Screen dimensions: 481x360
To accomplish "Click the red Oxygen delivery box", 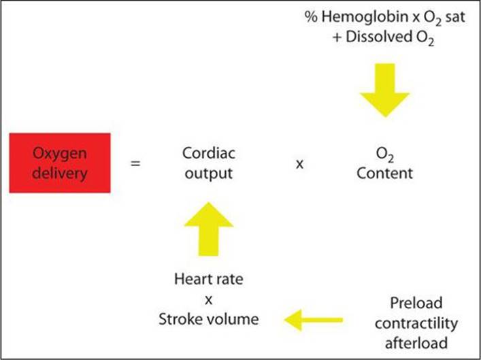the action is [60, 163].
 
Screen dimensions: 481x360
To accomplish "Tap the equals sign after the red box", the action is [135, 163].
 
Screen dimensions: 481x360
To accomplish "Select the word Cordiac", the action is [209, 153].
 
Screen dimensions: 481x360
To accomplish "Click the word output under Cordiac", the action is [209, 174].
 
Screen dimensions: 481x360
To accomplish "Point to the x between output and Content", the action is [300, 164].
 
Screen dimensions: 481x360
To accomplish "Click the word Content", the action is [384, 174].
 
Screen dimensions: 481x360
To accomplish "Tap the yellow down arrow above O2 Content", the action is [385, 91].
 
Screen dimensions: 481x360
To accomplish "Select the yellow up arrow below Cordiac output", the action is [209, 229].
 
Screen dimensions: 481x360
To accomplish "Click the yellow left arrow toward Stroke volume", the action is [313, 320].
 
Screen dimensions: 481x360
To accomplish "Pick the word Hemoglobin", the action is [365, 17].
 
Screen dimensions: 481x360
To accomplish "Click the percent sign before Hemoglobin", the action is [312, 17].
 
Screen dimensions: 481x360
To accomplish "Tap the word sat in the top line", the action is [455, 17].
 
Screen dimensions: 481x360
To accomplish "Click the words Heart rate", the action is [209, 279].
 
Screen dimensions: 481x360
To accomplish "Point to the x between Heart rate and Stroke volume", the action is [209, 299].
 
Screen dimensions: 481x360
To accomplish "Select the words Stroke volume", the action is [209, 319].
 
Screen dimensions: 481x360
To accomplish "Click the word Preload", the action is [416, 304].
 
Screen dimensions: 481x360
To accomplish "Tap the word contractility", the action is [416, 323].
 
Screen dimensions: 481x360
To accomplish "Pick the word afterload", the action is [416, 343].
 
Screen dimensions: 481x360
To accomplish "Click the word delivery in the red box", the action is [60, 174].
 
